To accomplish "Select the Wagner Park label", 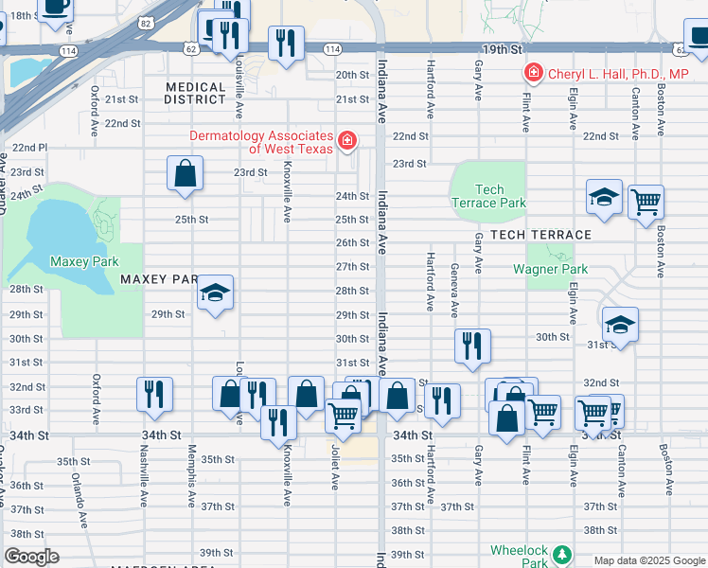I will pos(550,269).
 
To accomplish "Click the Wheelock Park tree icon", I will pos(563,553).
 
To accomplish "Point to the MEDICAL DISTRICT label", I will pos(195,94).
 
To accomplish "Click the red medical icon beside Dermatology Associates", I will pos(347,142).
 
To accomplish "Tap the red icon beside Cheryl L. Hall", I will pos(534,73).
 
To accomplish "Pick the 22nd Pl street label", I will pos(28,148).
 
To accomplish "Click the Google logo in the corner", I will pos(31,557).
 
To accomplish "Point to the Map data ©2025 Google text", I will pos(648,560).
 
